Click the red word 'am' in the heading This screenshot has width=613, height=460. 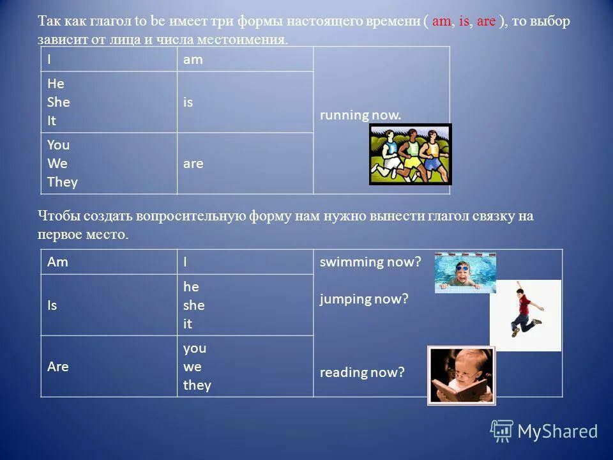coord(441,21)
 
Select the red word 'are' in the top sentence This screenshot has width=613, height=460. coord(486,21)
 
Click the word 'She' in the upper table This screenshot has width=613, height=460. coord(58,102)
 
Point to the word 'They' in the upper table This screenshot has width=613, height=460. coord(62,182)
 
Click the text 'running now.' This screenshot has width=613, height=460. coord(361,115)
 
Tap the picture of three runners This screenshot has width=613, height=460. coord(411,154)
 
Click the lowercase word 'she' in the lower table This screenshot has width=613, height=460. coord(193,305)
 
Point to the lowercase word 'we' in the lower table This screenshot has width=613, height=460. coord(192,367)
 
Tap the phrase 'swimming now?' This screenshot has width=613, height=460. coord(370,262)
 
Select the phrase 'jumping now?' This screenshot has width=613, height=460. coord(363,298)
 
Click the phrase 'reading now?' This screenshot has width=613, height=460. coord(362,372)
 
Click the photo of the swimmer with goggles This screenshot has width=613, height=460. coord(465,272)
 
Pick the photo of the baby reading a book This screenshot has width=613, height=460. coord(461,375)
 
